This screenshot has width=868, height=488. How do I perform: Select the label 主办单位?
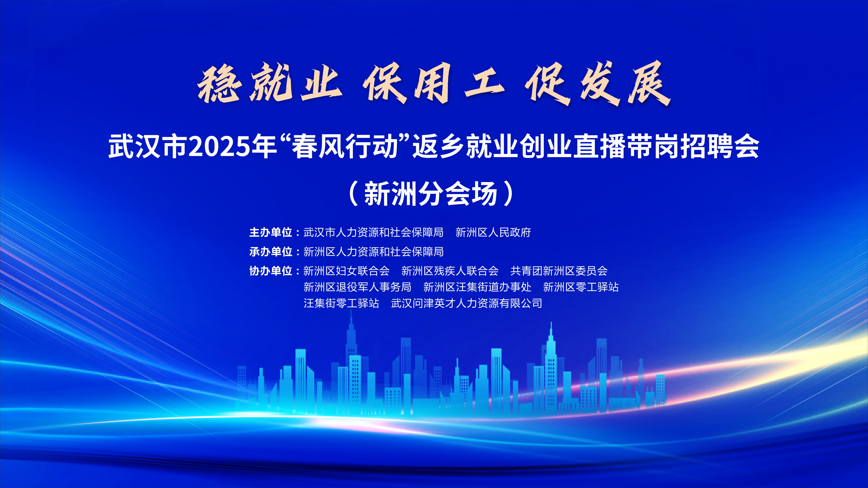[271, 232]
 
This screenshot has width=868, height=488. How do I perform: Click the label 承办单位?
[271, 252]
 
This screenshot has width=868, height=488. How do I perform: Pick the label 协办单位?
[271, 271]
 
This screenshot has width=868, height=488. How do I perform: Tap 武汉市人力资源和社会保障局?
[373, 232]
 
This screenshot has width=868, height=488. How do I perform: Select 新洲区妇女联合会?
[346, 271]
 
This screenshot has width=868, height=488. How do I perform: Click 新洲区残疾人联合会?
[450, 271]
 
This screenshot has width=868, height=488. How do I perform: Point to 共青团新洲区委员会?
[559, 271]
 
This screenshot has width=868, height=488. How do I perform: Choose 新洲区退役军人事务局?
[357, 287]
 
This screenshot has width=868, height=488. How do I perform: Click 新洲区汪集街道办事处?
[477, 287]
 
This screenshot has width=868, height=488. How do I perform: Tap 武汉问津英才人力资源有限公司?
[467, 303]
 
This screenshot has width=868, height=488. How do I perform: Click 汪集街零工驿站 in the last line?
[341, 303]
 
